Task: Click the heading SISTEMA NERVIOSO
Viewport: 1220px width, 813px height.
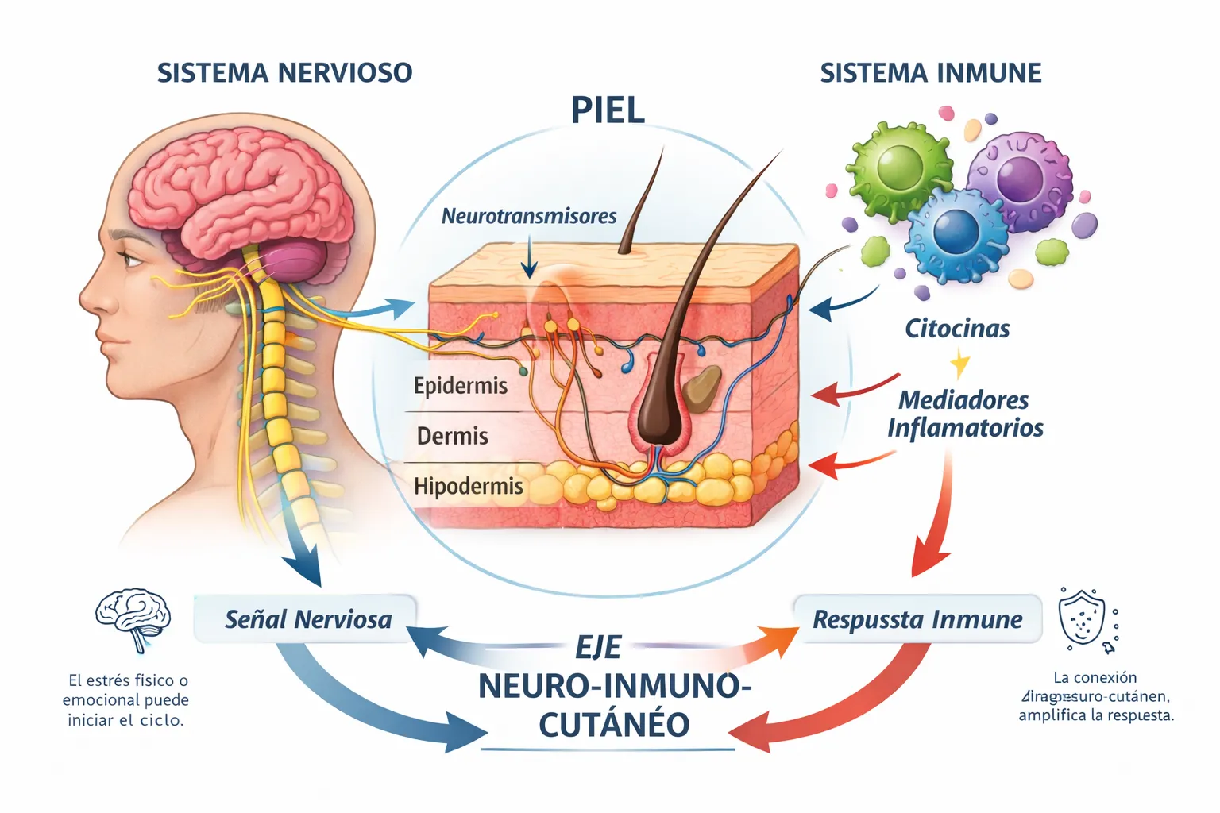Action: [x=284, y=73]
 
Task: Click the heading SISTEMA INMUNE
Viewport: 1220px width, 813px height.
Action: [x=930, y=73]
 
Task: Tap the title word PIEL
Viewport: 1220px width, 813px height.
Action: [x=608, y=110]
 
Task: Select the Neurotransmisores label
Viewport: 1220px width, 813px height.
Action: [x=529, y=216]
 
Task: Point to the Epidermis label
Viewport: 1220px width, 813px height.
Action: [x=460, y=386]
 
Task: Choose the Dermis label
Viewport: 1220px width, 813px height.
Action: [x=452, y=436]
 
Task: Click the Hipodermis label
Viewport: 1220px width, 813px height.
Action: [x=468, y=486]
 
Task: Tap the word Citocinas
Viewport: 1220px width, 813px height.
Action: [x=957, y=329]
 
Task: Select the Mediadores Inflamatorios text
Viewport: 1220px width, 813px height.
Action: [x=964, y=414]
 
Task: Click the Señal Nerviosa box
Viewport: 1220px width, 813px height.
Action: [x=307, y=619]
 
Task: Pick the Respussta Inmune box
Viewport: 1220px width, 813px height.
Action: [x=917, y=619]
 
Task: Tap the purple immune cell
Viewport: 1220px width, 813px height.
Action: [x=1019, y=180]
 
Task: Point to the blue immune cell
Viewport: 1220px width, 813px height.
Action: [x=956, y=233]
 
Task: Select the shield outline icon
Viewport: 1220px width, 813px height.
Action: [x=1083, y=618]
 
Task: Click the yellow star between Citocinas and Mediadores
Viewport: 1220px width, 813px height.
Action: [x=960, y=364]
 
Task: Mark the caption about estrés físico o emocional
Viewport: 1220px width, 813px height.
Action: [x=126, y=700]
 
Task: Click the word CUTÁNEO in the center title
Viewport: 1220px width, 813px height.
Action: [x=613, y=725]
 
